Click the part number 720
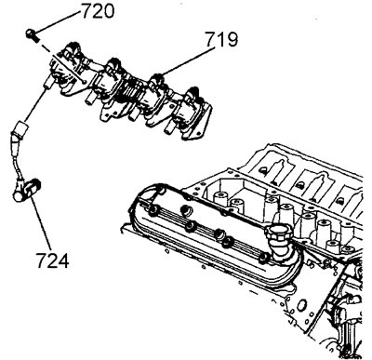[x=98, y=12]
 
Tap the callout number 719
[x=221, y=39]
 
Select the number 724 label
[x=52, y=260]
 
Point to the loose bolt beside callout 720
[x=32, y=34]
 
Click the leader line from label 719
[x=188, y=61]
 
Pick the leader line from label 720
[x=58, y=21]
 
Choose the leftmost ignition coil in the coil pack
[x=71, y=68]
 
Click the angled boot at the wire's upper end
[x=20, y=130]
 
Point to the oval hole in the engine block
[x=299, y=305]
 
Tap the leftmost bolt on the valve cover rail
[x=153, y=211]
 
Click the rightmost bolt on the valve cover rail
[x=264, y=257]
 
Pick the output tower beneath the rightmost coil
[x=170, y=128]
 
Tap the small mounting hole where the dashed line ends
[x=84, y=81]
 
